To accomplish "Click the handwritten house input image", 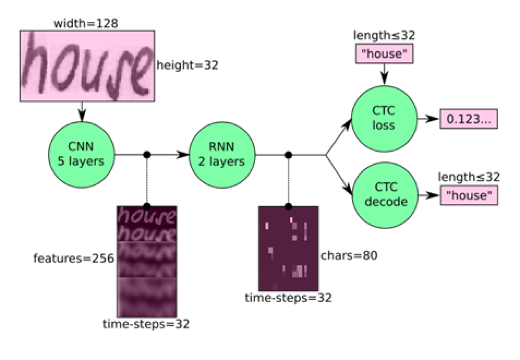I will (x=87, y=66).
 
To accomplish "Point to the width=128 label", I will (x=85, y=23).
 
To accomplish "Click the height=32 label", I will (x=187, y=66).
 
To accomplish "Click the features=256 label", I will (x=73, y=259).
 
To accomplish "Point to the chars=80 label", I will (x=348, y=256).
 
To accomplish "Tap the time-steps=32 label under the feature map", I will (x=146, y=324).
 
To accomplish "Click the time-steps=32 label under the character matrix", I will (x=289, y=298).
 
